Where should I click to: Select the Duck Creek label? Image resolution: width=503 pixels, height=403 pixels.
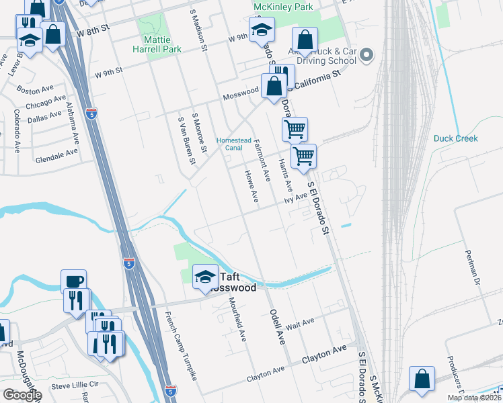(455, 138)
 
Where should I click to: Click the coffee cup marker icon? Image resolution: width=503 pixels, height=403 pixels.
(74, 281)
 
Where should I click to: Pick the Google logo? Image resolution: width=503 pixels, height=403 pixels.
(22, 394)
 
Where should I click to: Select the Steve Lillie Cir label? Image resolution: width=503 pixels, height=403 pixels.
(75, 385)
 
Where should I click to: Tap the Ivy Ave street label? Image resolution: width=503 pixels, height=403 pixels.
(295, 197)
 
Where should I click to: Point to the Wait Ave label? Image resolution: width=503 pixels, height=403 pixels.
(299, 323)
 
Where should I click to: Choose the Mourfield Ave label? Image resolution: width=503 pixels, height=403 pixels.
(237, 318)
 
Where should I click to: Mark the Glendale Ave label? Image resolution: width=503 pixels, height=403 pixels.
(56, 155)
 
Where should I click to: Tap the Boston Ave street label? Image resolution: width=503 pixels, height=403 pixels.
(36, 89)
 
